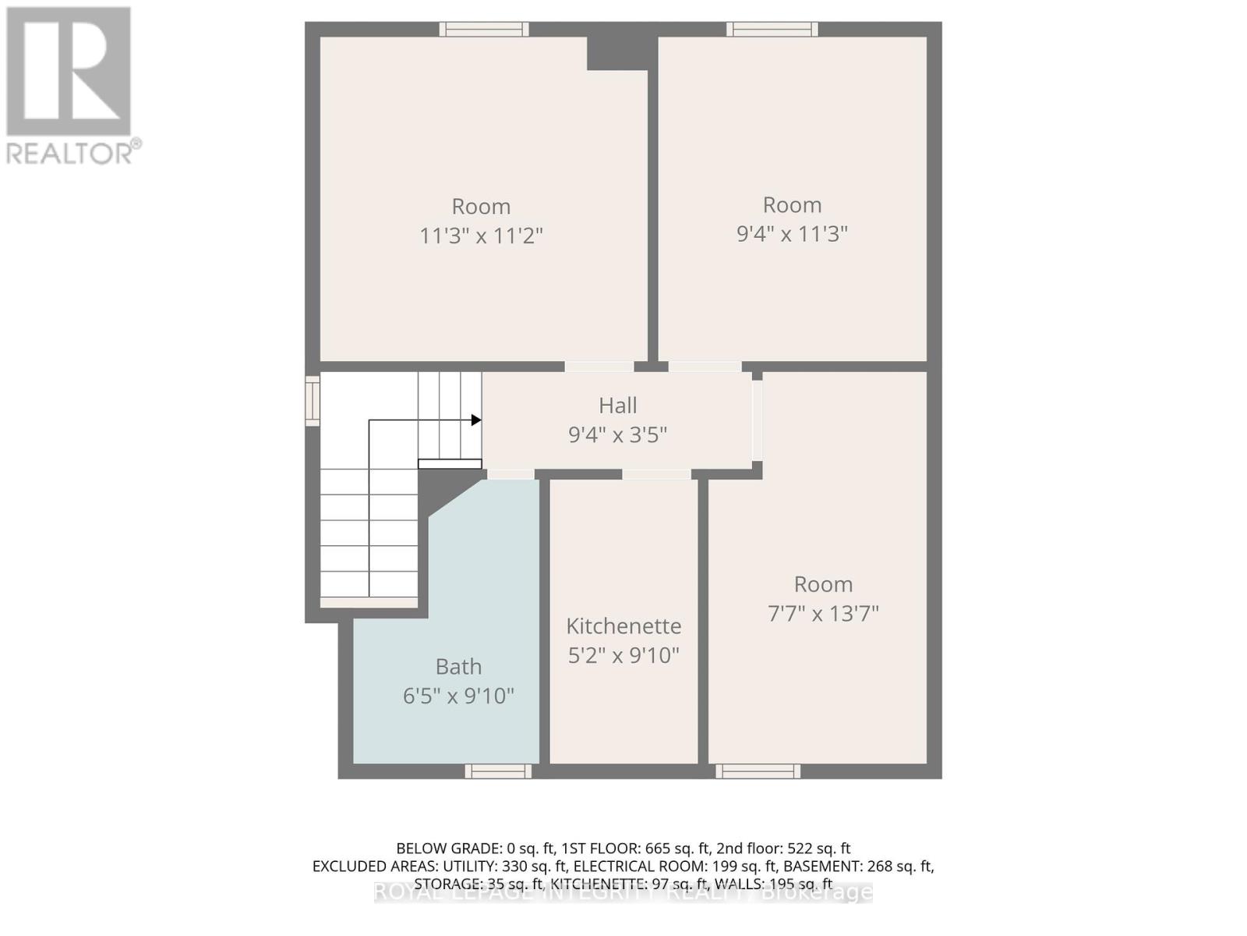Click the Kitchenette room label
click(623, 626)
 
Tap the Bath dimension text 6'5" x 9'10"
click(458, 696)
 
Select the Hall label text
click(618, 406)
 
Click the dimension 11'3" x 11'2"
click(481, 236)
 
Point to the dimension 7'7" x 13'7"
click(823, 614)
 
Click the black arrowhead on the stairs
click(476, 420)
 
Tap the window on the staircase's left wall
click(313, 401)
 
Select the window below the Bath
click(499, 771)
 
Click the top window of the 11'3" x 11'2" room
click(484, 30)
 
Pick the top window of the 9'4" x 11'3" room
click(772, 30)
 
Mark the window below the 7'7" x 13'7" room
click(758, 771)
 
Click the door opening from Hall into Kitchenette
click(656, 474)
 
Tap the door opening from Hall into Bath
click(511, 474)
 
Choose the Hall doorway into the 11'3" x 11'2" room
click(599, 367)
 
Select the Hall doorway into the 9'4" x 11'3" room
click(705, 367)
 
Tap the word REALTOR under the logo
click(70, 153)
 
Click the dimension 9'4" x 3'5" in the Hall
click(618, 434)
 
